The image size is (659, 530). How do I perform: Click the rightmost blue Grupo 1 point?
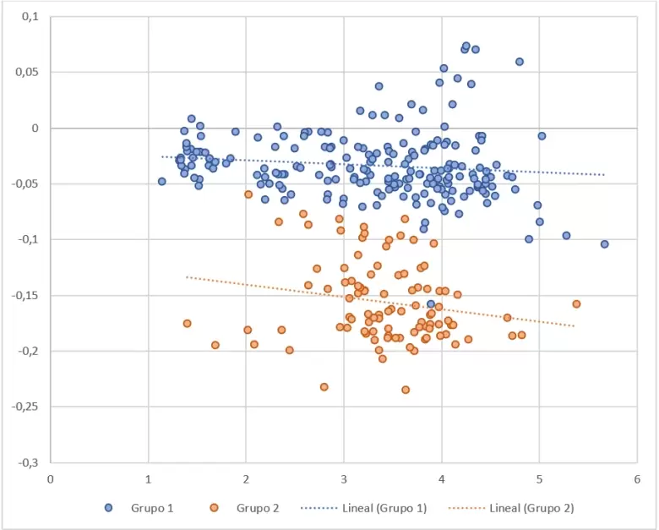[x=605, y=244]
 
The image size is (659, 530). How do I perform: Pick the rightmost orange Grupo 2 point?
[x=576, y=303]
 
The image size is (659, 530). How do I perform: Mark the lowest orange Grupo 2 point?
[x=406, y=390]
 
